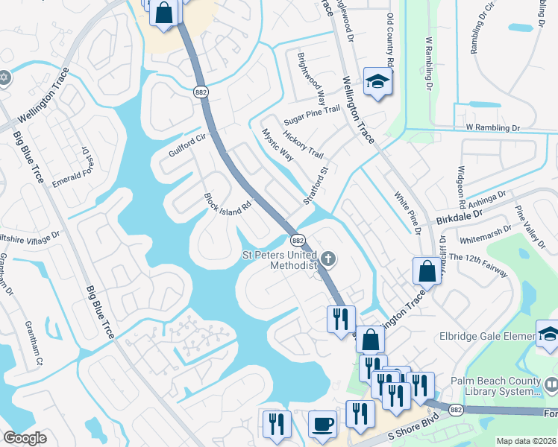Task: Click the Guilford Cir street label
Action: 186,145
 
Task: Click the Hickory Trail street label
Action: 304,142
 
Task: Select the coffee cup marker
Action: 322,424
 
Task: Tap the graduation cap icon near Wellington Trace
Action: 377,81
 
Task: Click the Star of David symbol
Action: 4,77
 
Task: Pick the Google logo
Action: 25,438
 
